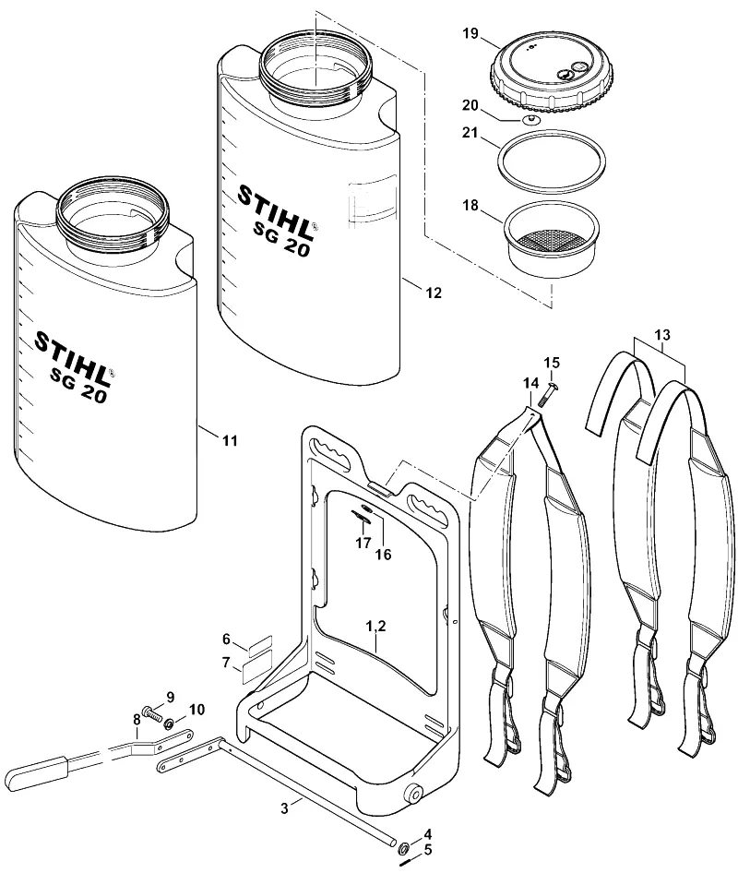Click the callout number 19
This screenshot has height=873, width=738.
[x=470, y=33]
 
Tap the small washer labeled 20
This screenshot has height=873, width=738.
[x=531, y=120]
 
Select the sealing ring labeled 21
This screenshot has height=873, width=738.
[x=552, y=162]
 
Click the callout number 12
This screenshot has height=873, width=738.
[x=434, y=293]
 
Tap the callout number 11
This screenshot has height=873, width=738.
[x=230, y=441]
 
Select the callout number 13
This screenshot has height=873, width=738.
[x=662, y=335]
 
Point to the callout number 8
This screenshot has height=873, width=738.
[x=137, y=719]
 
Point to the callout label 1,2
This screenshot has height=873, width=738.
[x=375, y=627]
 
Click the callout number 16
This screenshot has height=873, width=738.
[x=384, y=555]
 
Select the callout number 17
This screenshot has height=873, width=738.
[x=363, y=543]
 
